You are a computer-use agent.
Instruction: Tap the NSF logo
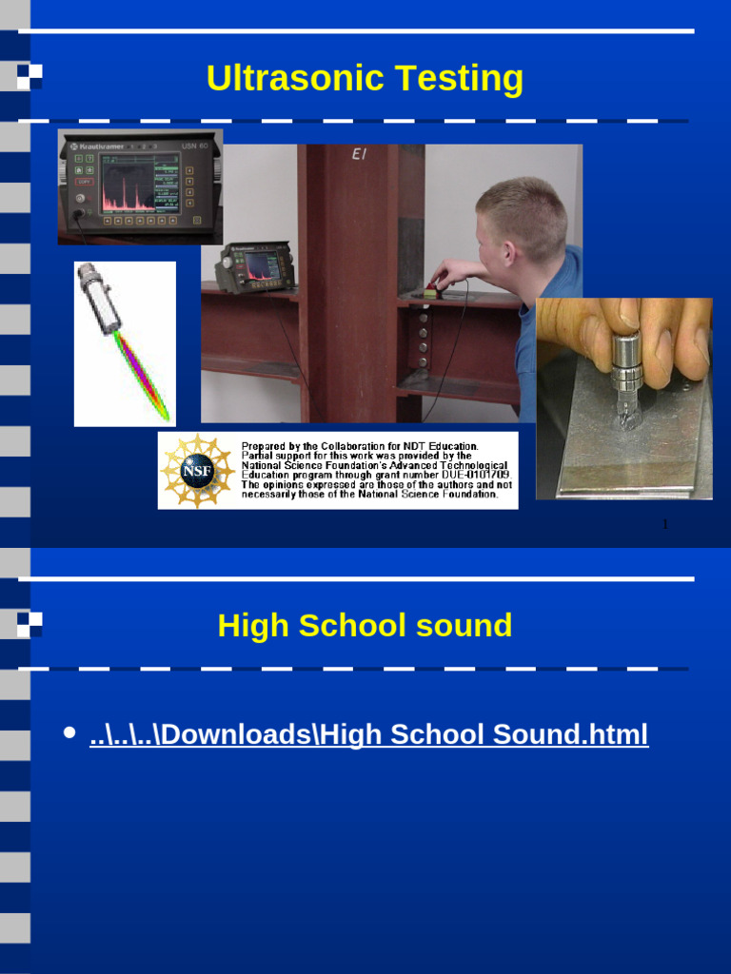point(197,471)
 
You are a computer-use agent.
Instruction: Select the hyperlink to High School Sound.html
point(368,734)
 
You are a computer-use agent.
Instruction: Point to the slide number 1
point(665,524)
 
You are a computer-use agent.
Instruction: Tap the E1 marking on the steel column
point(359,153)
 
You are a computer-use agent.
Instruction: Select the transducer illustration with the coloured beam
point(125,343)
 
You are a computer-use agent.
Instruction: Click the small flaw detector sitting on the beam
point(254,268)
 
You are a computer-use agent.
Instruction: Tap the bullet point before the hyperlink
point(69,733)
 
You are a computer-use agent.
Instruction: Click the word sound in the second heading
point(465,626)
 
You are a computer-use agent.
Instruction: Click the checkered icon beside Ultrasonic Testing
point(30,76)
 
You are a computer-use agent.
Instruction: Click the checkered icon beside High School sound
point(30,624)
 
